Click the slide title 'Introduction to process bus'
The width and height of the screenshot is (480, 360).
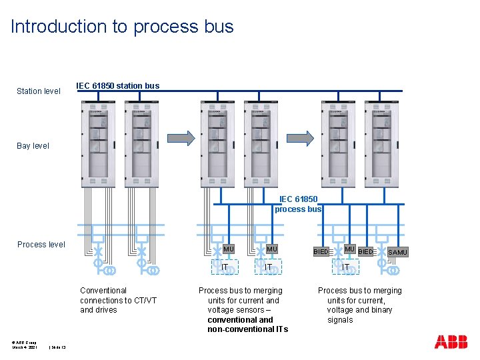click(122, 27)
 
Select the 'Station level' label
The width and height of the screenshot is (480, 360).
click(39, 91)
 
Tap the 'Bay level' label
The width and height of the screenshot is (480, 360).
click(33, 145)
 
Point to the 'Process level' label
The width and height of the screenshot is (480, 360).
click(41, 245)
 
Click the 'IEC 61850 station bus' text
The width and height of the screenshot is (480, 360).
click(118, 86)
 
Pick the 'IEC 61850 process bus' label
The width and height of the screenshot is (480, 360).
click(298, 204)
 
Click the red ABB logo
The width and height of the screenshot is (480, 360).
click(451, 342)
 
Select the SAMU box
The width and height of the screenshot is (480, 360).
click(397, 252)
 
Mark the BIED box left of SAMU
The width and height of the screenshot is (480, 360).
click(365, 252)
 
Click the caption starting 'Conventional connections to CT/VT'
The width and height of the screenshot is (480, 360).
click(118, 300)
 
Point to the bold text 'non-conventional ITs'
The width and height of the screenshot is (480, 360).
click(247, 329)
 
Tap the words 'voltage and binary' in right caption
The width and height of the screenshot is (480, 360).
click(359, 310)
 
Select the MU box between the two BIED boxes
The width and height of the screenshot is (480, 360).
click(349, 249)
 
